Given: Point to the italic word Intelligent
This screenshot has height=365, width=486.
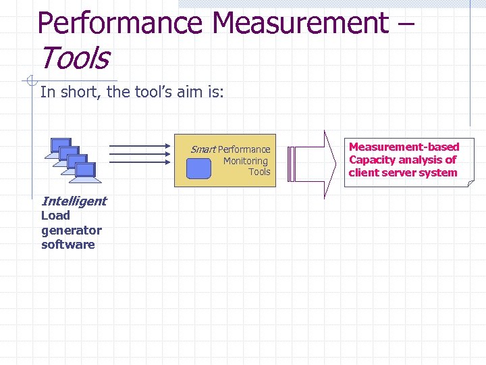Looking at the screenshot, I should click(74, 201).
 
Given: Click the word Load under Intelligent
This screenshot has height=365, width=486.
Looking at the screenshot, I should click(55, 216).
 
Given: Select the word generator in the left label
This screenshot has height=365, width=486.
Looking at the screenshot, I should click(71, 230).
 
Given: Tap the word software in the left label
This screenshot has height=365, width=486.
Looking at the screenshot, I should click(67, 245).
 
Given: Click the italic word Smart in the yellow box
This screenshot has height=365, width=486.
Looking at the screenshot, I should click(202, 149).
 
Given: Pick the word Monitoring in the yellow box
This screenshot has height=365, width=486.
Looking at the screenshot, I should click(246, 161).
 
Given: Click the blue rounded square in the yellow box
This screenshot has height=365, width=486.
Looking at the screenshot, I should click(199, 169).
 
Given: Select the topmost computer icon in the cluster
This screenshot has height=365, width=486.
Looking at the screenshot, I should click(61, 145).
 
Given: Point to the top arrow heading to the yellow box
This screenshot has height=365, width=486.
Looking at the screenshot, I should click(139, 145).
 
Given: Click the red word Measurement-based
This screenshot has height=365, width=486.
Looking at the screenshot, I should click(404, 147).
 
